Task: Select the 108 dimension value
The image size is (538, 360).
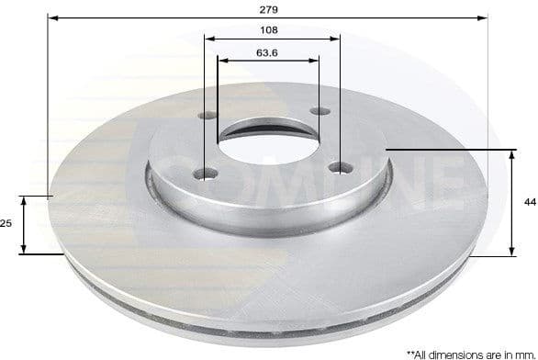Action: tap(270, 29)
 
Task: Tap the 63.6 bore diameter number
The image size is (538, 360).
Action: tap(267, 52)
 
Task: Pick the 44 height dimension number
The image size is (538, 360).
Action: tap(529, 200)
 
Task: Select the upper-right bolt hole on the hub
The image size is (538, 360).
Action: tap(320, 112)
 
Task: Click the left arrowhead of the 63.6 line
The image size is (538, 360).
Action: tap(221, 62)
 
